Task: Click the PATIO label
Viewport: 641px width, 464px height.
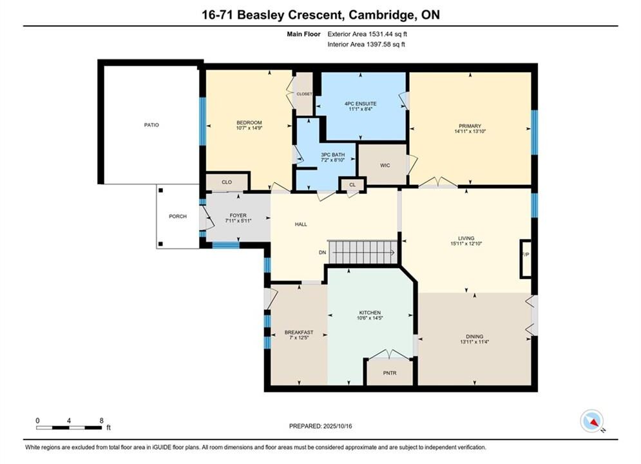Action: pyautogui.click(x=151, y=124)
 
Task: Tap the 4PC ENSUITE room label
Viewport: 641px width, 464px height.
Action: pyautogui.click(x=360, y=104)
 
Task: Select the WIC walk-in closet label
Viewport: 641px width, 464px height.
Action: pyautogui.click(x=385, y=165)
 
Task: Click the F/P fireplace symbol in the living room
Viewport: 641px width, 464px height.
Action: pyautogui.click(x=526, y=259)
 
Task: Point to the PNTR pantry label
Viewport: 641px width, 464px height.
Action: pyautogui.click(x=390, y=373)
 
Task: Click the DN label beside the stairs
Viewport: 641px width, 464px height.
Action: pyautogui.click(x=323, y=253)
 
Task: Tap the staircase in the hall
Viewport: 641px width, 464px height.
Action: pyautogui.click(x=363, y=252)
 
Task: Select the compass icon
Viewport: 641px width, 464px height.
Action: pyautogui.click(x=591, y=421)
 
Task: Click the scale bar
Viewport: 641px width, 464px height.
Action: pyautogui.click(x=69, y=428)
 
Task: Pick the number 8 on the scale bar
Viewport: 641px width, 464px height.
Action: pyautogui.click(x=101, y=420)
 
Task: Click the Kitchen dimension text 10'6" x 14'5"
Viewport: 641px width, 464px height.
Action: pyautogui.click(x=370, y=318)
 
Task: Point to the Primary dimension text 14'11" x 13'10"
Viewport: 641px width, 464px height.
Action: pyautogui.click(x=470, y=131)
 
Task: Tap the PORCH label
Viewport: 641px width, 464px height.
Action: pyautogui.click(x=178, y=217)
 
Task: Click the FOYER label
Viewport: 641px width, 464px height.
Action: pyautogui.click(x=238, y=215)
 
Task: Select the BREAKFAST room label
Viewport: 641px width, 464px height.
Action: pyautogui.click(x=299, y=333)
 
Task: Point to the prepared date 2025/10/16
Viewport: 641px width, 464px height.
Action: pyautogui.click(x=338, y=426)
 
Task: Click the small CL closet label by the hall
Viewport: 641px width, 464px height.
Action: pyautogui.click(x=352, y=185)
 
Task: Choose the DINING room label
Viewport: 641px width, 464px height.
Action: pyautogui.click(x=474, y=336)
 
